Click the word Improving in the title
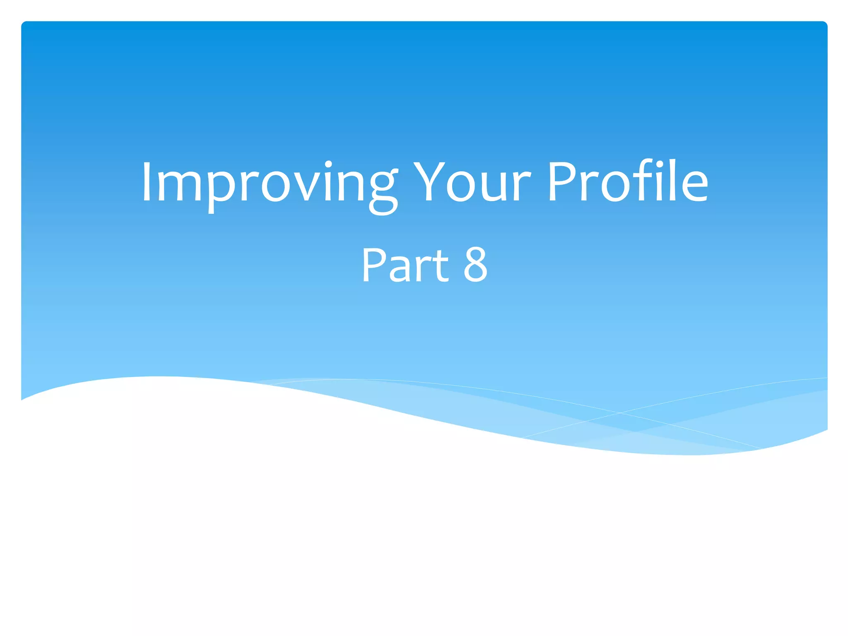click(269, 182)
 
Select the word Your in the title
click(472, 182)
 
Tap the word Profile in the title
click(627, 182)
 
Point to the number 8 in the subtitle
click(475, 265)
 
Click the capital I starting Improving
click(146, 182)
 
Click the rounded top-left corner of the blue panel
click(24, 24)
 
